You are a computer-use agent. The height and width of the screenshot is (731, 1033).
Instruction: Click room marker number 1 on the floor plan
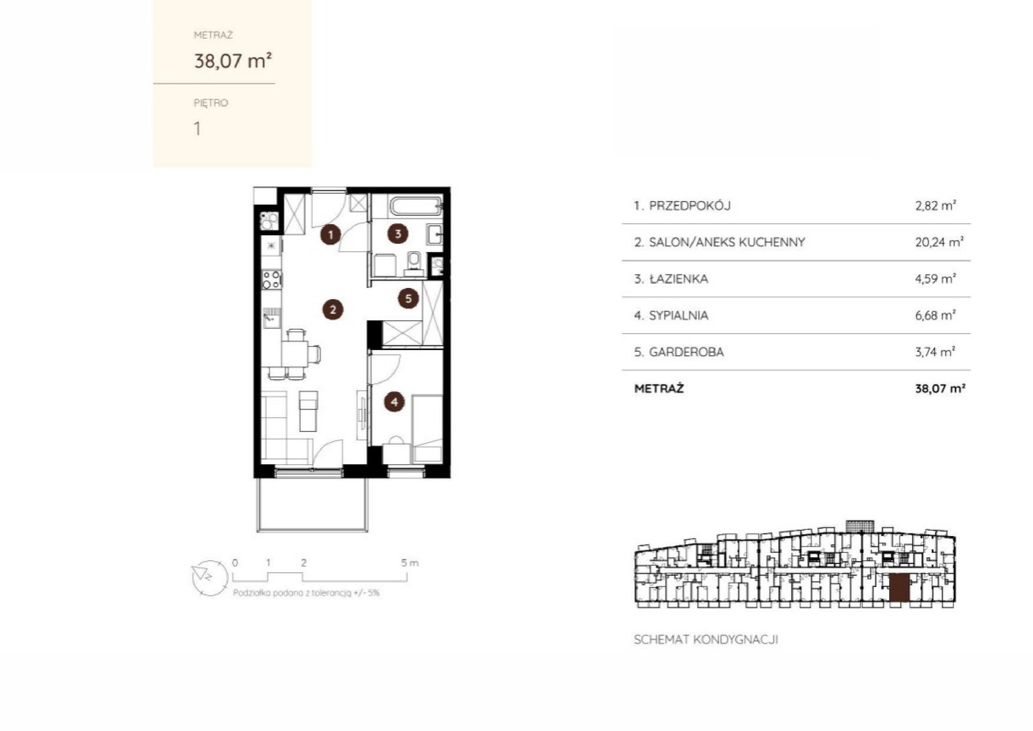330,235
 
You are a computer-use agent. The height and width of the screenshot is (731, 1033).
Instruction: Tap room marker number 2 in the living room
332,309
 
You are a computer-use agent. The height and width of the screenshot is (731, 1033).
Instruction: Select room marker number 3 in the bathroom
398,234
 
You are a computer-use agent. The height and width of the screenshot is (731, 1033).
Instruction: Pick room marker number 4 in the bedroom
394,402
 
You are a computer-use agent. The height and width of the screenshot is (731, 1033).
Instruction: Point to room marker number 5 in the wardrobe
408,298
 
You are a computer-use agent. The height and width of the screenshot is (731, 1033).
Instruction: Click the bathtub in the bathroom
416,206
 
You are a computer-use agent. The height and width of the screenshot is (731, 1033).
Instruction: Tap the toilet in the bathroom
414,263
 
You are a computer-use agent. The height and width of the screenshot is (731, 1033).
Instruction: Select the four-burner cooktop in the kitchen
271,280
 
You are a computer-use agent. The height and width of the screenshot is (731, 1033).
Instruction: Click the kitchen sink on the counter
271,318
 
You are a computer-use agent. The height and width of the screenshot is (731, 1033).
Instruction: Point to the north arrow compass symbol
209,578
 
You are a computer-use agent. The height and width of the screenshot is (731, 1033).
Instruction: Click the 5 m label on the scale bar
409,562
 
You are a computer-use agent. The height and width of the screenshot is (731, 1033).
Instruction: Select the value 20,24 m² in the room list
939,242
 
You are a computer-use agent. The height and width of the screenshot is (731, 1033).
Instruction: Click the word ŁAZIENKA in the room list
678,278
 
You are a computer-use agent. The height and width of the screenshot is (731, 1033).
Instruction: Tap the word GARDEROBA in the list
686,352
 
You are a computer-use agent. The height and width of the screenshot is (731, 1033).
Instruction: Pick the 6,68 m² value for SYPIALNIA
936,315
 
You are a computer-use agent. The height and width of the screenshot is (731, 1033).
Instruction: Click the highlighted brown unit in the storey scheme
899,588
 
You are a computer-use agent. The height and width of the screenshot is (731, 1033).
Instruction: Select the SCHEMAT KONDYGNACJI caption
706,639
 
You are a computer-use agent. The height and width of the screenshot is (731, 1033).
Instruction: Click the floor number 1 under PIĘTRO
198,129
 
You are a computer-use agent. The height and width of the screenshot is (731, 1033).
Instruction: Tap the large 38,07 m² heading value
233,61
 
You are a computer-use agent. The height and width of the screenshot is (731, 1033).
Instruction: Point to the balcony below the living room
312,504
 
